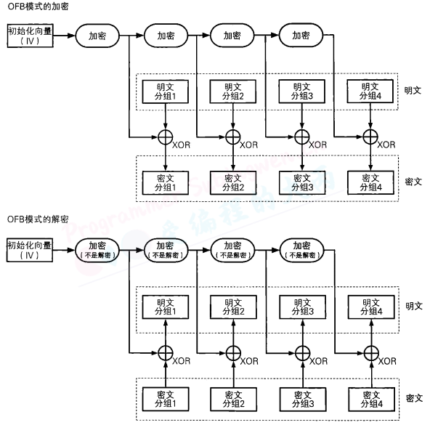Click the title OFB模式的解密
pos(34,218)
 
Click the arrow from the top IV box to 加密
pos(65,35)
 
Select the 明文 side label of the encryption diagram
pos(413,91)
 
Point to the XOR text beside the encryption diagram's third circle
pos(317,145)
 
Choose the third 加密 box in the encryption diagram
pos(232,35)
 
